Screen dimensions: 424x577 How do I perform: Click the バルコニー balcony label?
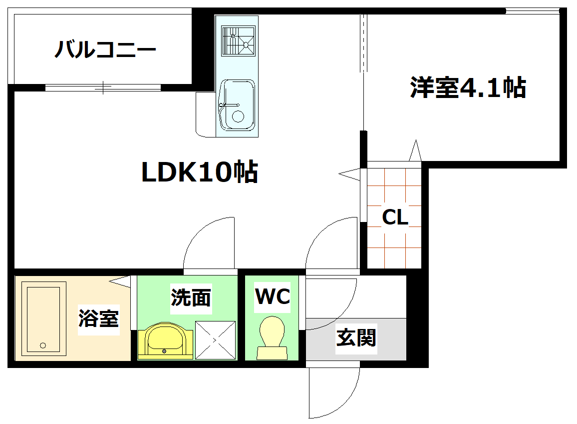point(105,50)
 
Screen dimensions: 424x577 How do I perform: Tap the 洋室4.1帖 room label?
point(468,88)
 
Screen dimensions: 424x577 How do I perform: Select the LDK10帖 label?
point(200,172)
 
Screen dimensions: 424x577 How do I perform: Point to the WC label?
point(273,296)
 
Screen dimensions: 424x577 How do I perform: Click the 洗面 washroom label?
point(191,297)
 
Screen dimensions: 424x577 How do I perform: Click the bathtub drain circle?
point(43,345)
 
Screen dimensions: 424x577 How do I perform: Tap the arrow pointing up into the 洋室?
point(415,150)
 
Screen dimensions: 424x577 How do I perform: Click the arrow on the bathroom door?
point(120,282)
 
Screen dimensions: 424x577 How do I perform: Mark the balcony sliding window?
point(103,87)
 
